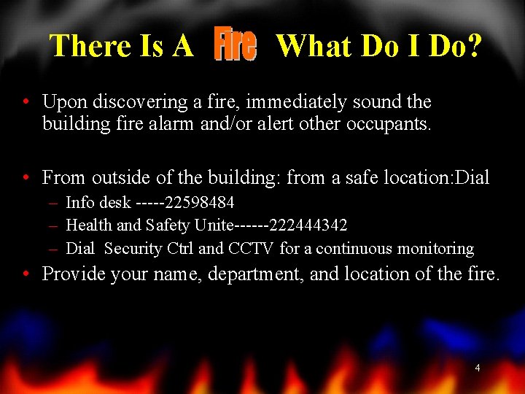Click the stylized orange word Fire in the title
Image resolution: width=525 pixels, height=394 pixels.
tap(235, 45)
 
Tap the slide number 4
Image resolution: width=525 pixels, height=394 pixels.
tap(478, 368)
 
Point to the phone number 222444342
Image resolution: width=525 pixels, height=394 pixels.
tap(308, 225)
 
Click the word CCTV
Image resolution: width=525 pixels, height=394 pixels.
tap(251, 249)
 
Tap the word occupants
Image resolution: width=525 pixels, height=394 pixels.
tap(391, 124)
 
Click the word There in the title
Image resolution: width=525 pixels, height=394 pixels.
tap(90, 46)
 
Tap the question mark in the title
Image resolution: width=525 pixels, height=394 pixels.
tap(474, 46)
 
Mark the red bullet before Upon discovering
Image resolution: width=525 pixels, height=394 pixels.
tap(26, 101)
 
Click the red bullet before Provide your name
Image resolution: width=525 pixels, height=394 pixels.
tap(26, 274)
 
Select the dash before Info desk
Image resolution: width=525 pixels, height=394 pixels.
tap(54, 202)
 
